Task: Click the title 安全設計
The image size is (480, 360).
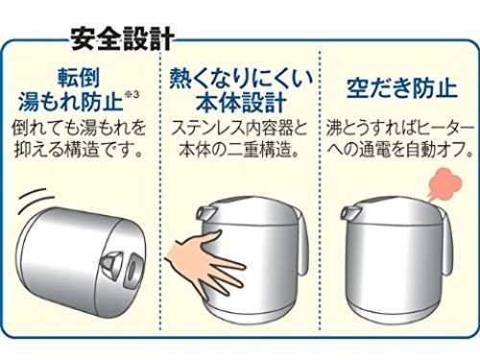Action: click(122, 38)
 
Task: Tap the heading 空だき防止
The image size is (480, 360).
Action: click(402, 87)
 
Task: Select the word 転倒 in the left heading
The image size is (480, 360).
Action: click(79, 78)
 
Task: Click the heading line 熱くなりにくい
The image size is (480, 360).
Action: click(241, 78)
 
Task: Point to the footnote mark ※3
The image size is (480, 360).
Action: click(132, 95)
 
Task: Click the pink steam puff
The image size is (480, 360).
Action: click(444, 183)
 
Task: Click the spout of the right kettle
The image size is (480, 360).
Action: click(349, 211)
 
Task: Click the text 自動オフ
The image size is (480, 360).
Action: click(439, 150)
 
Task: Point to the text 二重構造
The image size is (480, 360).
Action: click(258, 150)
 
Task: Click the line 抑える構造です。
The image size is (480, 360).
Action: click(79, 150)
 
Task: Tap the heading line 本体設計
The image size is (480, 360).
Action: click(241, 103)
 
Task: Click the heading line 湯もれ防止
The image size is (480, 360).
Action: click(71, 102)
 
